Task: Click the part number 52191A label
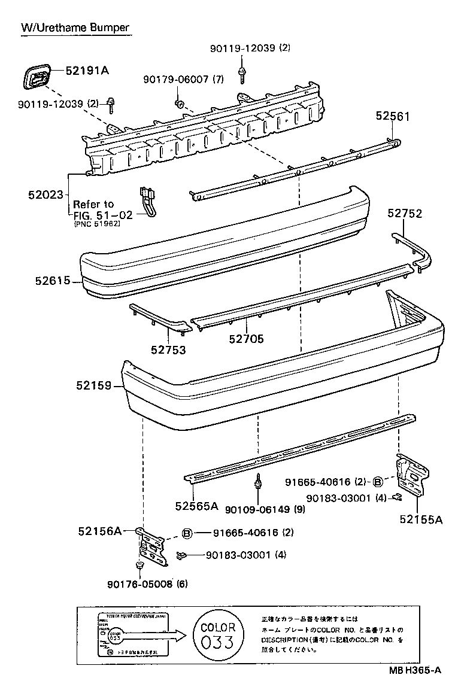pyautogui.click(x=87, y=71)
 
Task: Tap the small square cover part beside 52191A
pyautogui.click(x=36, y=79)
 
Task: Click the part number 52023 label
pyautogui.click(x=45, y=194)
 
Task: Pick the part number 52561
pyautogui.click(x=393, y=116)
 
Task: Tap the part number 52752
pyautogui.click(x=405, y=212)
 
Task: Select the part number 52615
pyautogui.click(x=53, y=280)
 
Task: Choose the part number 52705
pyautogui.click(x=246, y=339)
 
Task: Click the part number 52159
pyautogui.click(x=94, y=386)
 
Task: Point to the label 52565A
pyautogui.click(x=196, y=506)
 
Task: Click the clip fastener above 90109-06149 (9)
pyautogui.click(x=258, y=482)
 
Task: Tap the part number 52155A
pyautogui.click(x=421, y=519)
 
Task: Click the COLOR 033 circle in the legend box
pyautogui.click(x=218, y=636)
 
